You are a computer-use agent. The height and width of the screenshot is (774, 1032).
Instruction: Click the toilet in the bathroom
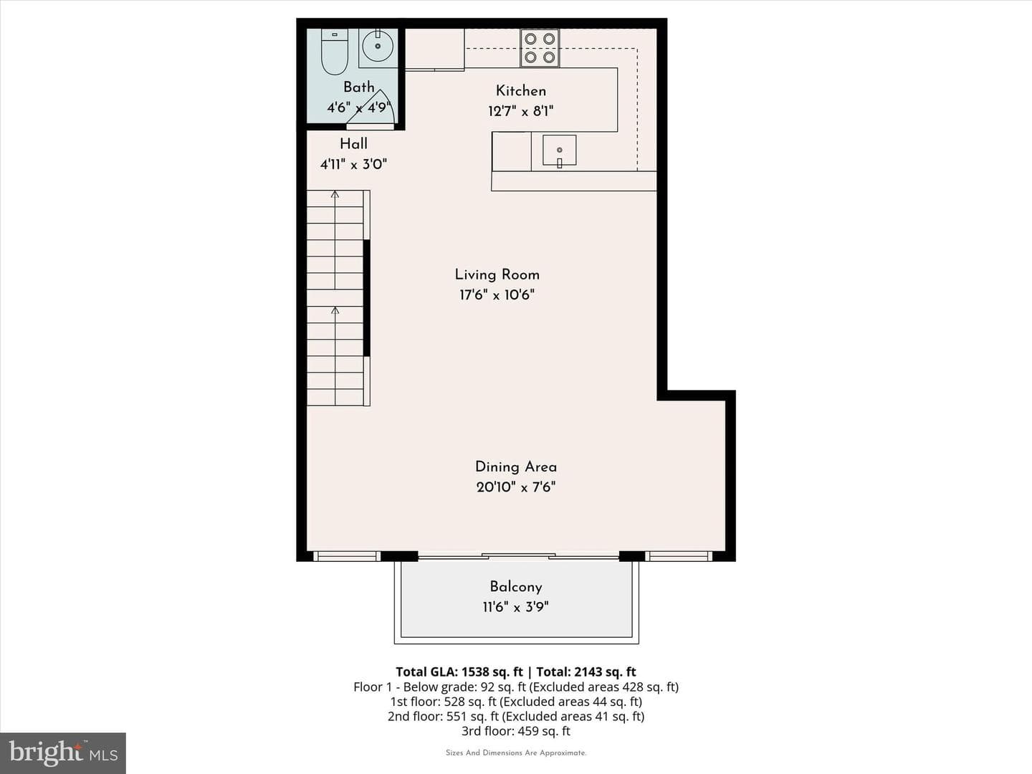334,52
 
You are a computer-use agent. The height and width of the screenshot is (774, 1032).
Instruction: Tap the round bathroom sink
378,46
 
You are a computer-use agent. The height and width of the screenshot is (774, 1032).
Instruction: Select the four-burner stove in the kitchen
540,48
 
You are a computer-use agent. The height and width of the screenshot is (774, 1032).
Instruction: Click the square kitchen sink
560,150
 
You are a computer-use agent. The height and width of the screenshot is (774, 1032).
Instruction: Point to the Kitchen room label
521,91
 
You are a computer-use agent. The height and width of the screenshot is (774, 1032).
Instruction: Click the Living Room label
497,274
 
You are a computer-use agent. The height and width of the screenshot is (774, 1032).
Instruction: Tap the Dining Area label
516,467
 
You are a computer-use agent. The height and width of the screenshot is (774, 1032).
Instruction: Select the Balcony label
516,587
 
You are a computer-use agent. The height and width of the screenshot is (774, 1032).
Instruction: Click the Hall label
353,144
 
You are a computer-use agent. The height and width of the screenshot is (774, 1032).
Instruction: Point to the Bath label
359,87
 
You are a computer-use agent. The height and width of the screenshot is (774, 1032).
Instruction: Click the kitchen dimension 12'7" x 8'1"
521,111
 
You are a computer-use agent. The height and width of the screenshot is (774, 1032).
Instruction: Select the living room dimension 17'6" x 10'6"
497,295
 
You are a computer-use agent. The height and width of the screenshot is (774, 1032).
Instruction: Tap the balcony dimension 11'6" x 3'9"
516,607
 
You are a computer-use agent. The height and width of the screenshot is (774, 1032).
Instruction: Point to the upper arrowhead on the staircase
335,193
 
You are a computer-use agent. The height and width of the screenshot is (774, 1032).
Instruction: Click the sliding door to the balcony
518,556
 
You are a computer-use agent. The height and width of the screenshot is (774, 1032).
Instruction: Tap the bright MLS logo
63,753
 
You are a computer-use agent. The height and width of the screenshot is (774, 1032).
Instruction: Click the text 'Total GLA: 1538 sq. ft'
459,672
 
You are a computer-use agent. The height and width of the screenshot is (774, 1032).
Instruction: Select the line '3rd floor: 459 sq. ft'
516,731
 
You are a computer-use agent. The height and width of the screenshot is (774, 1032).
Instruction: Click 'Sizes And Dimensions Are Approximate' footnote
516,752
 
